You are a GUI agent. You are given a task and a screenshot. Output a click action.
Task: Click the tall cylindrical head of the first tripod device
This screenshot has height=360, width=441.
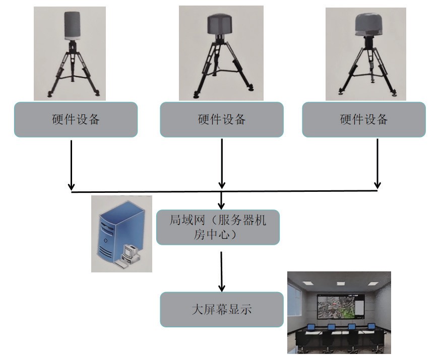click(76, 25)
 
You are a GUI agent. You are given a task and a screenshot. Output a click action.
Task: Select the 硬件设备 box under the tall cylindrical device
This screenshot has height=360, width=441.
click(76, 119)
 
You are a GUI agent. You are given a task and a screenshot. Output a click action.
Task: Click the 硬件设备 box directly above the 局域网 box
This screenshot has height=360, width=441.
click(222, 119)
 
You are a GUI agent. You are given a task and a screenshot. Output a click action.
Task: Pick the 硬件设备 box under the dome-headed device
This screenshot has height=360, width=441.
click(364, 119)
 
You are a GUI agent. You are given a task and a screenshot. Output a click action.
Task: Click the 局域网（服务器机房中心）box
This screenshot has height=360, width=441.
click(218, 227)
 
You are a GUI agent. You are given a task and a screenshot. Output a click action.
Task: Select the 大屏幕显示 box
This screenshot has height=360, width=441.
click(221, 309)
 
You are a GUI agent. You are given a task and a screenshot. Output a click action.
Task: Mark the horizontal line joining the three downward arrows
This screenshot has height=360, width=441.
click(151, 191)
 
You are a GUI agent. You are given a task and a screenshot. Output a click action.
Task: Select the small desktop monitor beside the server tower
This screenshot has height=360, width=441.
click(130, 249)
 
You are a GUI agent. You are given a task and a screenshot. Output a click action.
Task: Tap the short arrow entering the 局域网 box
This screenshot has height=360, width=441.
click(221, 200)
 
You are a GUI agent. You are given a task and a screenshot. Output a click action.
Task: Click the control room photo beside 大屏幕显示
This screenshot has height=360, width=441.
click(339, 312)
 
